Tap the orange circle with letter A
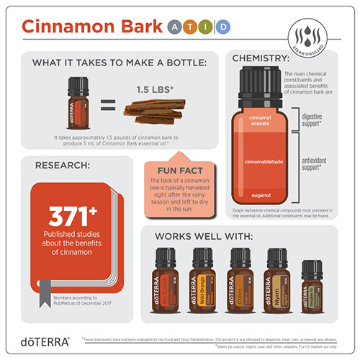175,27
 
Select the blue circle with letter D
224,27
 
